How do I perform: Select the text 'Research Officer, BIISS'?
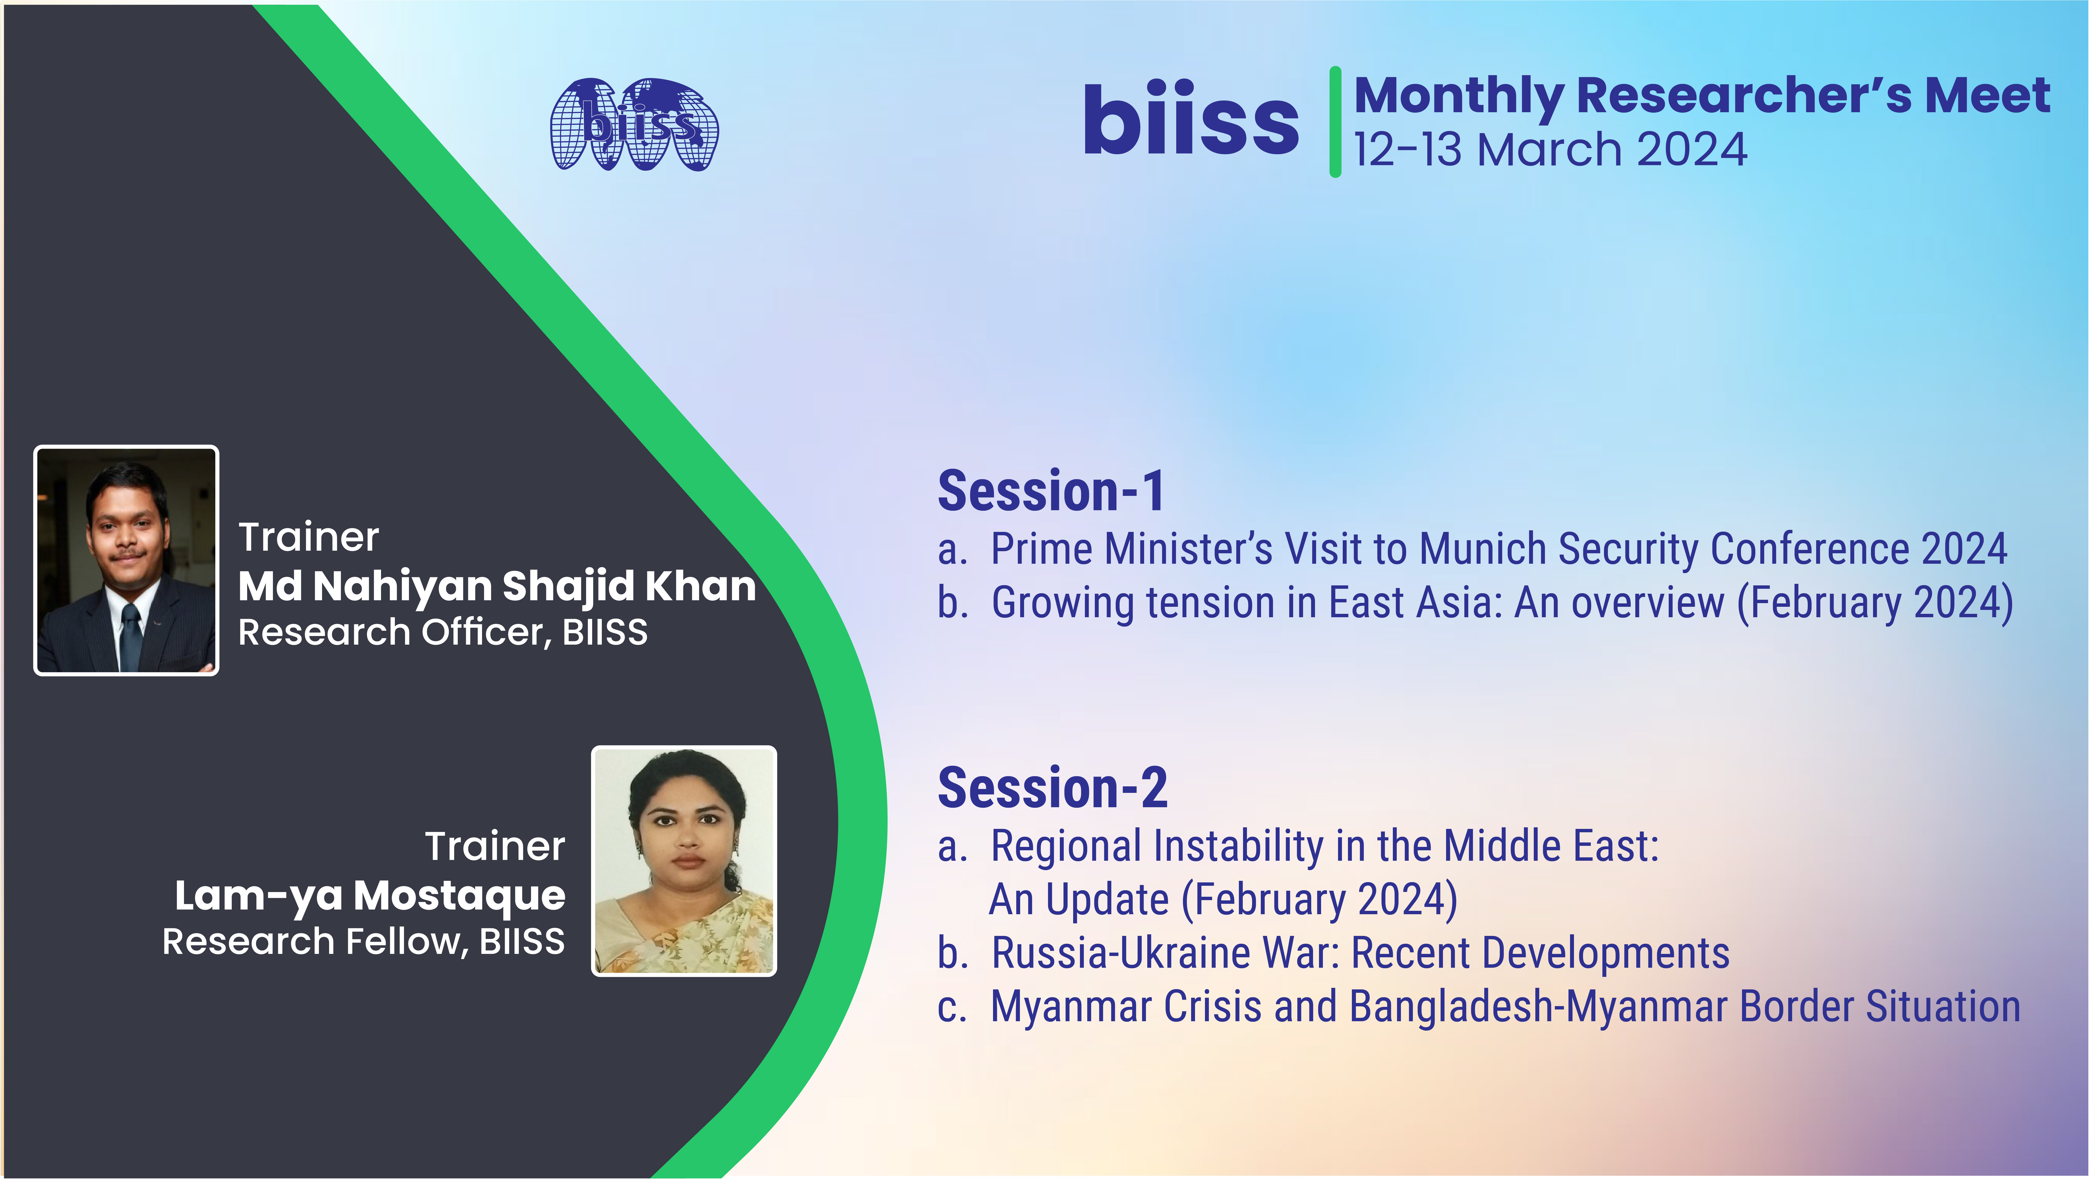coord(443,632)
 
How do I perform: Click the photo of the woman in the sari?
coord(684,861)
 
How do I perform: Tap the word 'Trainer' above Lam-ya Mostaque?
coord(495,846)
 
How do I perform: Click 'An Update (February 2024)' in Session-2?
coord(1223,900)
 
